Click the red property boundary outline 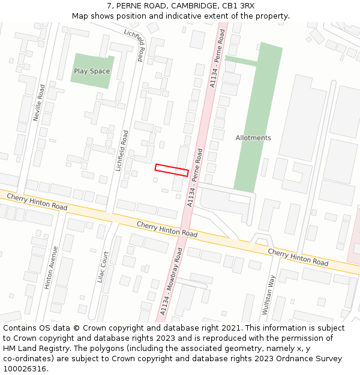point(172,170)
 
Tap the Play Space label point(92,71)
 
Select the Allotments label point(253,138)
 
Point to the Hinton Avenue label point(52,267)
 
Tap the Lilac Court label point(105,267)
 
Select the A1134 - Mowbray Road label point(171,282)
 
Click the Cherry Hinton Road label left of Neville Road point(37,201)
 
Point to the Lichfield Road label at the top point(135,44)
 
